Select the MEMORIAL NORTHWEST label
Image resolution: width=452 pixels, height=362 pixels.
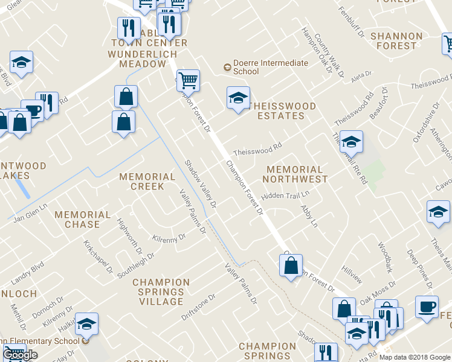tap(295, 174)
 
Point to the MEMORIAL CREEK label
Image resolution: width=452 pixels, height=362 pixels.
tap(147, 182)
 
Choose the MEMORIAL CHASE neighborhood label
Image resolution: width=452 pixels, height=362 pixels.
tap(82, 220)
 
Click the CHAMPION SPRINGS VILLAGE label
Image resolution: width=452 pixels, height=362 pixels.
tap(161, 292)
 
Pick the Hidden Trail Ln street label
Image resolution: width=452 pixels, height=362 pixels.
tap(285, 196)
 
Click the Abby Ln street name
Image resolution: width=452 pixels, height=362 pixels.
tap(309, 216)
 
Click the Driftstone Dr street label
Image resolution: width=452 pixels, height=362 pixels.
tap(199, 308)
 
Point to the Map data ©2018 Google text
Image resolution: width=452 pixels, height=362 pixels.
tap(414, 357)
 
